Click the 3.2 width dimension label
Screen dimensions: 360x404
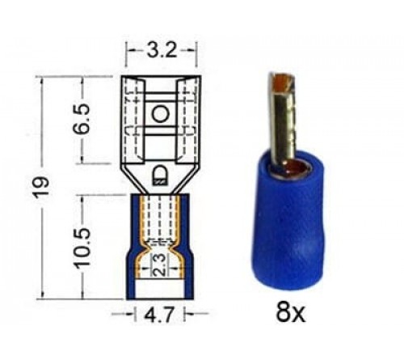(160, 51)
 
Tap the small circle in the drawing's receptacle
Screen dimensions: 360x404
(160, 113)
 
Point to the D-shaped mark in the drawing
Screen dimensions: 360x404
(160, 173)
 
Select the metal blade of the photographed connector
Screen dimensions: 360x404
(282, 121)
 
